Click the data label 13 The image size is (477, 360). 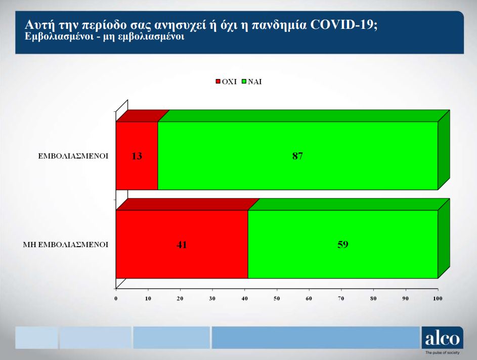point(137,156)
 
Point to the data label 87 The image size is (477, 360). point(297,156)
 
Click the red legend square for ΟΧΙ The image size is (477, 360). point(219,82)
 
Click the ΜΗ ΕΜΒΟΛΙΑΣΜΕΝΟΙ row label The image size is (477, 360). point(66,245)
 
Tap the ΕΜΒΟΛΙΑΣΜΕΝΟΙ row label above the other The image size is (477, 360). point(74,156)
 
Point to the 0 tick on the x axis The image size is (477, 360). point(116,298)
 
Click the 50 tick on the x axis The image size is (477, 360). point(277,298)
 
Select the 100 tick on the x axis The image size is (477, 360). point(438,298)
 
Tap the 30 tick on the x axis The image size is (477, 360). point(212,298)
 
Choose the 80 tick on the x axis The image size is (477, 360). point(373,298)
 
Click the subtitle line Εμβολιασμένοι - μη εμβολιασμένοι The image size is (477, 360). point(104,36)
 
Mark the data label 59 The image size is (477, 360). point(342,245)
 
